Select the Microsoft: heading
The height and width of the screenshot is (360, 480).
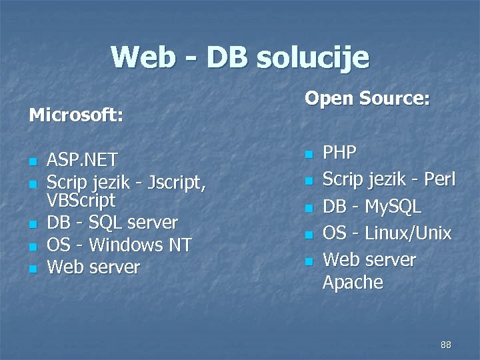(x=76, y=115)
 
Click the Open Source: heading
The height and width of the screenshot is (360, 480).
(x=367, y=99)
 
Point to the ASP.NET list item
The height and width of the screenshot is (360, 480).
(x=82, y=160)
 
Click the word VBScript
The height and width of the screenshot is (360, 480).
(x=81, y=200)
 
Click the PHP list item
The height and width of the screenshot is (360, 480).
(x=339, y=153)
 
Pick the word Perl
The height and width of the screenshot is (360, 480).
(x=438, y=179)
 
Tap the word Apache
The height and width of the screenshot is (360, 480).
(x=353, y=283)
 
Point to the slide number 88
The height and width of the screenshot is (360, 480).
(x=446, y=345)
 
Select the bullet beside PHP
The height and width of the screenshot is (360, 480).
(x=308, y=154)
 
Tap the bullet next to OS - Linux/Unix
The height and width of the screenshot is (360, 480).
(x=308, y=235)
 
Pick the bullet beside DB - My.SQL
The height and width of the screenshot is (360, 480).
(x=308, y=208)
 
